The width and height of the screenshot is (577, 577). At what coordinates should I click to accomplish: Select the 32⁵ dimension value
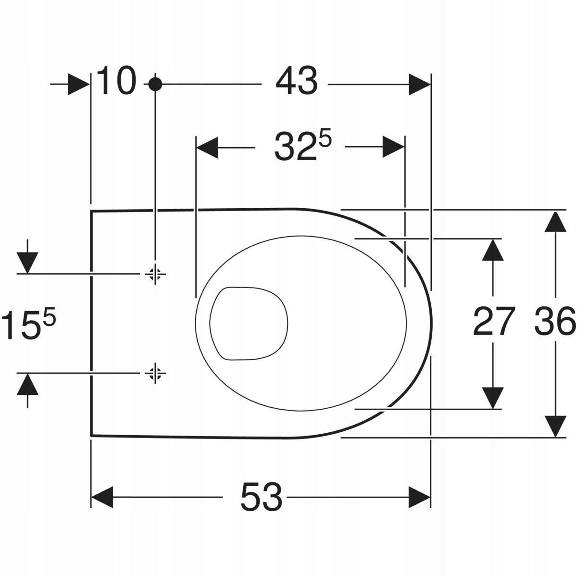pos(302,145)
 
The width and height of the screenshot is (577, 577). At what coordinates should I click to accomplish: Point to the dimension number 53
pos(261,497)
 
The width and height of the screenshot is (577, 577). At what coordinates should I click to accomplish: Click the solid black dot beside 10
pos(155,85)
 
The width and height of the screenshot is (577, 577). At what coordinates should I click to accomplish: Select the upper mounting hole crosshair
pos(155,274)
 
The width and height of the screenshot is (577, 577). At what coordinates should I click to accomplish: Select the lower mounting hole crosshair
pos(155,373)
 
